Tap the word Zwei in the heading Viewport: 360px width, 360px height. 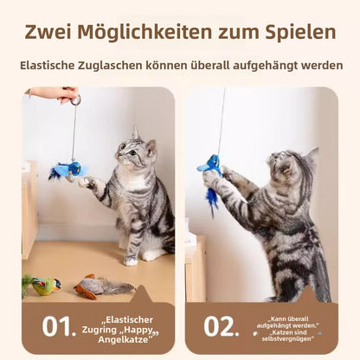[53, 32]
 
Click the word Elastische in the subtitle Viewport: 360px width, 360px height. [54, 66]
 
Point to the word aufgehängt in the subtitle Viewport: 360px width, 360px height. [260, 66]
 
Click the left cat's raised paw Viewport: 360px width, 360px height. [86, 183]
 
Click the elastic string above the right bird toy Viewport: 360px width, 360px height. [222, 121]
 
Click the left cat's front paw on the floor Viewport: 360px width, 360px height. [130, 259]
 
